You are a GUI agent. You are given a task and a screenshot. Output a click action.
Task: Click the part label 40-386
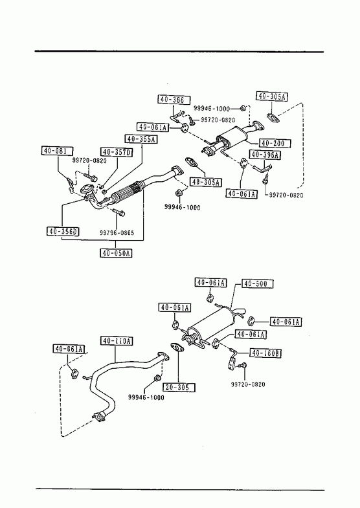(174, 100)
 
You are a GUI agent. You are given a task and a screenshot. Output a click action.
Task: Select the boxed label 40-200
(275, 143)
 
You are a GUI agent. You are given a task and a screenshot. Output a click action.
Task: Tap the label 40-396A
(265, 155)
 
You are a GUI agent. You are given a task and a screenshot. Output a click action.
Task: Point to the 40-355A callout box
(141, 139)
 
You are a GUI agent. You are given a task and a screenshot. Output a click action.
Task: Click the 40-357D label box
(117, 152)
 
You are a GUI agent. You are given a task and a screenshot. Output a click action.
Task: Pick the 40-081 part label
(57, 151)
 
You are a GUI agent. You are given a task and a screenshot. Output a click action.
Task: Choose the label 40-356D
(63, 231)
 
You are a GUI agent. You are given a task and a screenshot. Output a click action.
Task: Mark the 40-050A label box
(116, 252)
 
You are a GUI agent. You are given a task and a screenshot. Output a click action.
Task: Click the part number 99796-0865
(117, 232)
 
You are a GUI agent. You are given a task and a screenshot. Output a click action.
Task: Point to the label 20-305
(179, 387)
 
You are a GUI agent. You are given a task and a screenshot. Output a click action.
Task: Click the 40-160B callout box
(265, 353)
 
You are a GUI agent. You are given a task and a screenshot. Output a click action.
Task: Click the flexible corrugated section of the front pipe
(128, 192)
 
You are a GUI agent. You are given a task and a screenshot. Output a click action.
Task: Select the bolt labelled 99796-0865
(119, 212)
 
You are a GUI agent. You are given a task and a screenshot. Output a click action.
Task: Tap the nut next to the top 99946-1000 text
(245, 108)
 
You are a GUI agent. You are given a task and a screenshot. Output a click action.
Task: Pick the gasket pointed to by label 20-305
(177, 347)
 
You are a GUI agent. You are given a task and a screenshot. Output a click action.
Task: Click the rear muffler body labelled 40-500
(209, 324)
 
